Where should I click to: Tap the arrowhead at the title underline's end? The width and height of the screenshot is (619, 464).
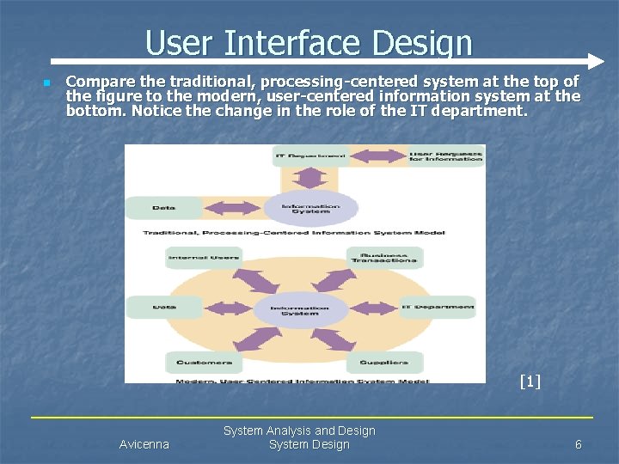pos(596,62)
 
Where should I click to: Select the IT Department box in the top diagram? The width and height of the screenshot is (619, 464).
pos(311,156)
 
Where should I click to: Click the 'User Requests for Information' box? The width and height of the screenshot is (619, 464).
pos(445,156)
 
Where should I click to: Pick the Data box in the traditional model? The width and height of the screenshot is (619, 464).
pos(164,207)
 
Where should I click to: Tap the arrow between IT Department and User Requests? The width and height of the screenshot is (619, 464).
pos(378,156)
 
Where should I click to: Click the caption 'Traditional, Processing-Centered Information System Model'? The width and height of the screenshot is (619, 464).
pos(305,233)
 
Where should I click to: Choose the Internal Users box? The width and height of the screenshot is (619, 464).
pos(204,257)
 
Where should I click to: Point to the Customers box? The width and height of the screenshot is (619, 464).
pos(204,362)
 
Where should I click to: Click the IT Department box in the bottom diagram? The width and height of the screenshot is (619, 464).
pos(438,307)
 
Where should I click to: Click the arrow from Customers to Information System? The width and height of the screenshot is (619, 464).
pos(249,339)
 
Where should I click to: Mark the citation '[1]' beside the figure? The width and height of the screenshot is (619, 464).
pos(530,381)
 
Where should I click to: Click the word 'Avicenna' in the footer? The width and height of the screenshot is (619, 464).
pos(144,444)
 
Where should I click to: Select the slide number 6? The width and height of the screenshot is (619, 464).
pos(578,444)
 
